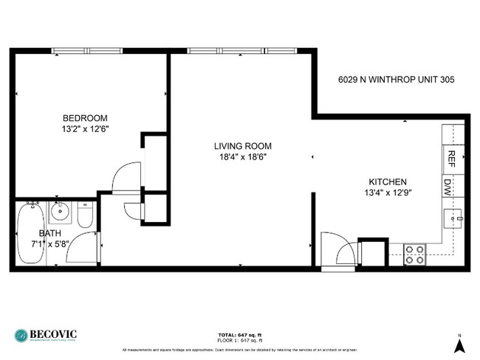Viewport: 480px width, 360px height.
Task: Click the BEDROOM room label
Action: coord(85,118)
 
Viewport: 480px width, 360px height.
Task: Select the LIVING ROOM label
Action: coord(239,145)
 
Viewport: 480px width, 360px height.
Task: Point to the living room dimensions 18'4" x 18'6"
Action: coord(239,156)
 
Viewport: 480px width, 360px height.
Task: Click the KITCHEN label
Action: coord(388,181)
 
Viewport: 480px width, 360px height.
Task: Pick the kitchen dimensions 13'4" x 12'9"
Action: coord(388,193)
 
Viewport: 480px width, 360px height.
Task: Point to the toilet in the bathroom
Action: coord(84,215)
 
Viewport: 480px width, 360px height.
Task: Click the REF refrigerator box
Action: coord(450,159)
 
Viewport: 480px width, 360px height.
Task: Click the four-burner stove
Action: coord(414,255)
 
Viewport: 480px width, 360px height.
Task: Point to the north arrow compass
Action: coord(459,343)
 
